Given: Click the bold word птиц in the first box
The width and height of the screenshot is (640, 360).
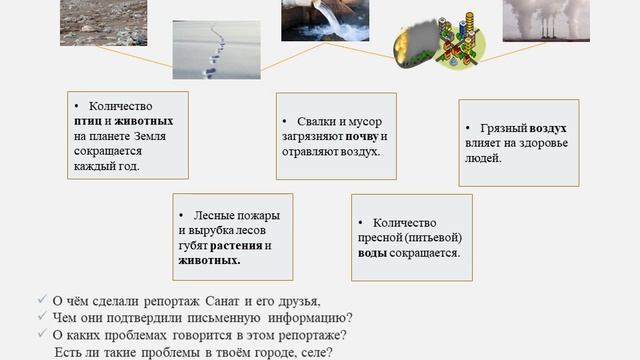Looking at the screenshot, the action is click(88, 121).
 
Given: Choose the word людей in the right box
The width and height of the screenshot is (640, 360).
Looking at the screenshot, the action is click(486, 158).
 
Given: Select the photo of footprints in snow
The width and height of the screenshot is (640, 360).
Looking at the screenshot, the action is click(216, 49).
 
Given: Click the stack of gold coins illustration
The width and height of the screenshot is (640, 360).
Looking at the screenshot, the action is click(455, 35).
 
